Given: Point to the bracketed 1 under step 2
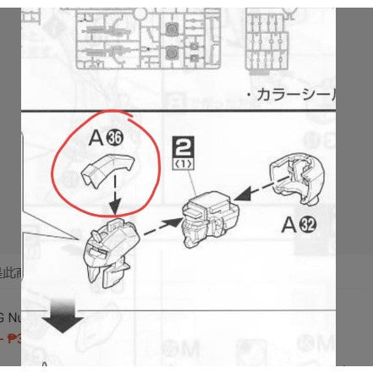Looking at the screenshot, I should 182,163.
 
